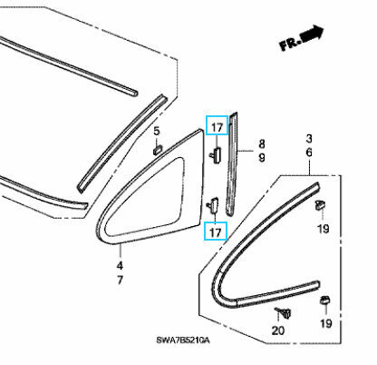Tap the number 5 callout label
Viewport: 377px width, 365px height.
(157, 131)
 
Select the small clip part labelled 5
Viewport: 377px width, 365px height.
(158, 150)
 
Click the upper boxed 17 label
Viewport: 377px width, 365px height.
(217, 127)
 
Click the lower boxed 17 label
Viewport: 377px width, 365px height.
(216, 232)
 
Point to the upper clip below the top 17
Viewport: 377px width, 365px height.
(215, 155)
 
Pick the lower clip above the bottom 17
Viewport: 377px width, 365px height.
(213, 205)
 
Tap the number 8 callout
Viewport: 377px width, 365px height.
(262, 143)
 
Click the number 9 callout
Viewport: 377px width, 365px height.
(262, 157)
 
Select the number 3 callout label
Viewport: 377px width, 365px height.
(309, 139)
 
